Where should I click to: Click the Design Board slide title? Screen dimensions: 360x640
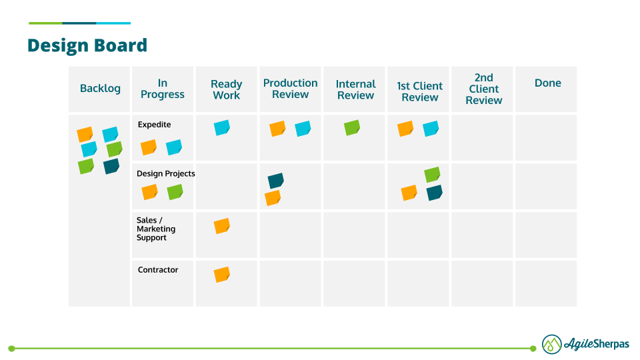tap(87, 45)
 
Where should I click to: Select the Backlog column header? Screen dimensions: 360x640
tap(100, 89)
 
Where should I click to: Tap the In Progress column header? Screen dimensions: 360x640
tap(163, 89)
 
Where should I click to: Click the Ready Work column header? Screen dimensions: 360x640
tap(226, 89)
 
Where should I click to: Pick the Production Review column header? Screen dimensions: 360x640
tap(290, 89)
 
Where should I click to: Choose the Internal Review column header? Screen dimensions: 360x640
tap(355, 89)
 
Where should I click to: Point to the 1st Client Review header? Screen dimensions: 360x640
tap(419, 91)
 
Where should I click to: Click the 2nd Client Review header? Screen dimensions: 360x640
tap(483, 89)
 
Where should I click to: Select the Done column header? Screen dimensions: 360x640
tap(547, 83)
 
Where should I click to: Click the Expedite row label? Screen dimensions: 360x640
tap(154, 125)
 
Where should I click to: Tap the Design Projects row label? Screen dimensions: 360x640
tap(165, 173)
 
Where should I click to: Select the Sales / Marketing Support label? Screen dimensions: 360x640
tap(156, 229)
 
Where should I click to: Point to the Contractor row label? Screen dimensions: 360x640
tap(158, 270)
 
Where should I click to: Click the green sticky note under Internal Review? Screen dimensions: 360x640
tap(352, 127)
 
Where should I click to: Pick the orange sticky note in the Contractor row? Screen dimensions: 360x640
tap(221, 275)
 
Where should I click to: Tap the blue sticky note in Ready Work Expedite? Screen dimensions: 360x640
tap(222, 127)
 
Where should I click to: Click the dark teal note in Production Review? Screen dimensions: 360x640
tap(275, 181)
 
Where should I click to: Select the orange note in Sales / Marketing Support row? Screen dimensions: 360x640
tap(221, 226)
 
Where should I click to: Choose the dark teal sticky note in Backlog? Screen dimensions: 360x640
tap(111, 166)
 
